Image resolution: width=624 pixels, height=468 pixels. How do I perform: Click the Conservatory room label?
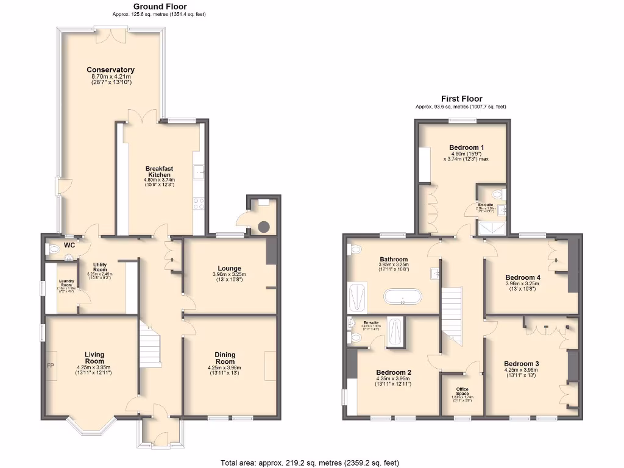(110, 69)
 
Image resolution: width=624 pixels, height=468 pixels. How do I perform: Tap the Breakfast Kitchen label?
(159, 172)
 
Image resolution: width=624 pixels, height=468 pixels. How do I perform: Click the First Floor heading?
(461, 99)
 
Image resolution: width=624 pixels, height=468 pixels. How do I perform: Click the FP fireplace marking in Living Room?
(50, 366)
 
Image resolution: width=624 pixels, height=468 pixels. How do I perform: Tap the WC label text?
(69, 246)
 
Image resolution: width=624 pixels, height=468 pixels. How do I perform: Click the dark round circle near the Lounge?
(263, 227)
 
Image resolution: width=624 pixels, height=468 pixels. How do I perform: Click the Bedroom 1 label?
(466, 147)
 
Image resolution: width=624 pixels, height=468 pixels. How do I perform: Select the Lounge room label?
(229, 268)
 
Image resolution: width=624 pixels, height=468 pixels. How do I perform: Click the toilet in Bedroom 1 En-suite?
(498, 194)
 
